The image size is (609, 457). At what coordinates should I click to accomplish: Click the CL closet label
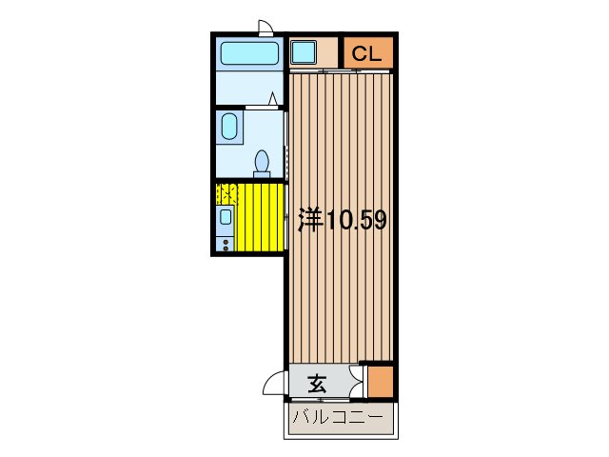366,54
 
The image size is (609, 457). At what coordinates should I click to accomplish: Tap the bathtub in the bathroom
247,53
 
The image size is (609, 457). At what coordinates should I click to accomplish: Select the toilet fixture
263,163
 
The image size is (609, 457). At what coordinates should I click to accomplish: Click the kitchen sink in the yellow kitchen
226,216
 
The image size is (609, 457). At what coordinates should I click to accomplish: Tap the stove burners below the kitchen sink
226,244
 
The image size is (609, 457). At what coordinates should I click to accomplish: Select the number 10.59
356,221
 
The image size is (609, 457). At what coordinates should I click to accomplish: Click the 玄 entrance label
317,385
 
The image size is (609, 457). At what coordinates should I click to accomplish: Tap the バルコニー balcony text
338,417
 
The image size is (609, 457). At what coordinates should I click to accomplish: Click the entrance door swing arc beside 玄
273,387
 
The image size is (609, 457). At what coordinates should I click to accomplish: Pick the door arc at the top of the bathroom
267,27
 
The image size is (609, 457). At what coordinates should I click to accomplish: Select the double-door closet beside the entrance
359,381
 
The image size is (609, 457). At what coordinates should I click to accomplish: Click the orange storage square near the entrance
380,381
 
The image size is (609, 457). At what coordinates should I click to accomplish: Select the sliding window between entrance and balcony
338,402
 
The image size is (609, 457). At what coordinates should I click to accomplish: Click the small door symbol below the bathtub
274,99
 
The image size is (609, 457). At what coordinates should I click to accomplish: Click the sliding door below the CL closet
340,71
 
